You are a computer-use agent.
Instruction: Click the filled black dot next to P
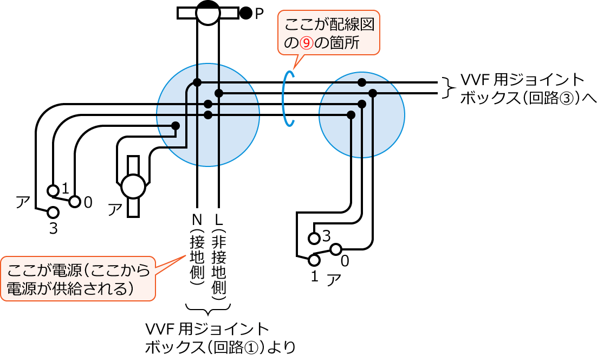246,13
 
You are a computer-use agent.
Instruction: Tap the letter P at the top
259,13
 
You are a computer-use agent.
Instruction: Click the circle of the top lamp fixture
207,12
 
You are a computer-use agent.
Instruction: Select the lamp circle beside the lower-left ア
133,187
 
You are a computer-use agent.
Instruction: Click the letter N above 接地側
197,220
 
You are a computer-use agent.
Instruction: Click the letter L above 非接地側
219,220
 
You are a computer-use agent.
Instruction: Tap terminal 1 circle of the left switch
53,190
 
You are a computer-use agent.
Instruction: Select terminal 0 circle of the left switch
75,202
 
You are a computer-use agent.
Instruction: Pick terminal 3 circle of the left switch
53,213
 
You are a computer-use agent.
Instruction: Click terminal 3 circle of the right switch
314,238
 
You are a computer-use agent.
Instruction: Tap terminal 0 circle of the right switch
336,249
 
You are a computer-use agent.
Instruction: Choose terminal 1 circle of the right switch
314,260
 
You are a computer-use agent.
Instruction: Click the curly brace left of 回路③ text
447,88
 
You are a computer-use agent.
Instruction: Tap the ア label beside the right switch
334,280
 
